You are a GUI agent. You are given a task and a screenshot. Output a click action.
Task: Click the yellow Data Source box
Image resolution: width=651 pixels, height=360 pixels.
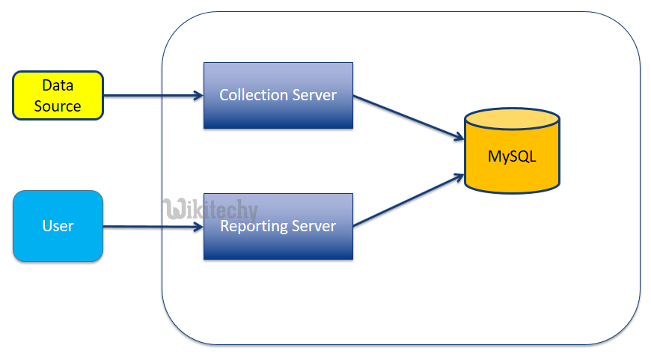tap(58, 96)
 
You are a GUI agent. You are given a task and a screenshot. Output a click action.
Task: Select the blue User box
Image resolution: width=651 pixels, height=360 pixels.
tap(58, 226)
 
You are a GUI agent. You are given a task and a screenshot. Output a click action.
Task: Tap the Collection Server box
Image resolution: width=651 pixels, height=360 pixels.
tap(278, 96)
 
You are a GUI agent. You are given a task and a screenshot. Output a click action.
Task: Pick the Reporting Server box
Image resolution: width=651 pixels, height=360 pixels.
tap(278, 227)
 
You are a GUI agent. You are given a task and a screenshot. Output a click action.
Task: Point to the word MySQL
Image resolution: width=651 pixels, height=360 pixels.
tap(512, 157)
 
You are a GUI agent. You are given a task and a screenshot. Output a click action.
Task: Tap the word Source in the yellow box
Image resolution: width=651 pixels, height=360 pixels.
tap(58, 106)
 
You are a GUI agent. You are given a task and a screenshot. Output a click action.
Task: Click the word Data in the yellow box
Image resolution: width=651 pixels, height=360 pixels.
tap(58, 86)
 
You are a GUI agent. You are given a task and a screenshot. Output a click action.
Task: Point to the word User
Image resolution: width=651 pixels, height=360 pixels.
tap(58, 226)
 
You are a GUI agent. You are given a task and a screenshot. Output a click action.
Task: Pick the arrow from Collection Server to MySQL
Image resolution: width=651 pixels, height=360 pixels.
tap(408, 117)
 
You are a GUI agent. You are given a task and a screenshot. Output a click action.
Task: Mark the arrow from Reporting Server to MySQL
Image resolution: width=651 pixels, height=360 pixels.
tap(408, 201)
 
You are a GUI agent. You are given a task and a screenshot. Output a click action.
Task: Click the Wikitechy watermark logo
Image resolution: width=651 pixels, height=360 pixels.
tap(210, 209)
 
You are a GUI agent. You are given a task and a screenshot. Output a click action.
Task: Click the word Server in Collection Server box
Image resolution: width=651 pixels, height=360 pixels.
tap(314, 96)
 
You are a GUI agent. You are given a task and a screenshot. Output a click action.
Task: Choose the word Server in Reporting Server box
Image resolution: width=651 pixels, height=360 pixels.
tap(314, 227)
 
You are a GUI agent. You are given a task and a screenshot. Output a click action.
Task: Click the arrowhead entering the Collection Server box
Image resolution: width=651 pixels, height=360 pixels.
tap(198, 95)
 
